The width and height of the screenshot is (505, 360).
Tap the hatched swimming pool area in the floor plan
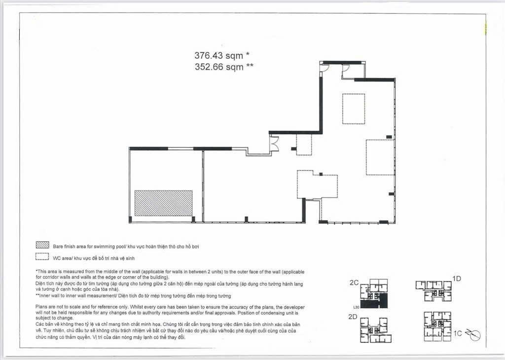coord(163,203)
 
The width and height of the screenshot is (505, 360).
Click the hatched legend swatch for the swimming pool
coord(42,245)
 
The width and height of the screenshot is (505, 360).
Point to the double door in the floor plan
coord(274,144)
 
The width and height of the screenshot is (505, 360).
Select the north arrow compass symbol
coord(474,335)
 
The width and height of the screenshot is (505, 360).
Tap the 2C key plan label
coord(354,283)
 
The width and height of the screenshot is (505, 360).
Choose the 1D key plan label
coord(457,279)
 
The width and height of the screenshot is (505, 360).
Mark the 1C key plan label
coord(458,333)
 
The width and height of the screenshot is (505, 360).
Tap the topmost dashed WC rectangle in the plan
coord(354,108)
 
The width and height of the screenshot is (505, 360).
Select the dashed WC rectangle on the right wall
coord(380,157)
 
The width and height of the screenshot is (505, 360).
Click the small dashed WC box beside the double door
coord(304,145)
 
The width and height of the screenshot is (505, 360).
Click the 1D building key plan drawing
coord(434,290)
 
